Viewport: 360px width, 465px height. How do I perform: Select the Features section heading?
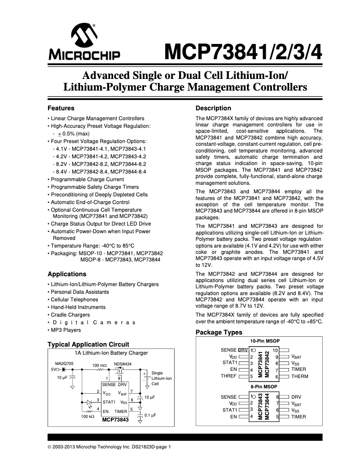tap(61, 108)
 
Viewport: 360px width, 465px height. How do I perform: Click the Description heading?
tap(214, 108)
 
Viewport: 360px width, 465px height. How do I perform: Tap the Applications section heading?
tap(67, 274)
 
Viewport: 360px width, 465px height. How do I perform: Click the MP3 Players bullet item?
tap(66, 330)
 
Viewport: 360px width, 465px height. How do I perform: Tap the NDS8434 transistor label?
tap(123, 364)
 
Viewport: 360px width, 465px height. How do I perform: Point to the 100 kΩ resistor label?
tap(88, 417)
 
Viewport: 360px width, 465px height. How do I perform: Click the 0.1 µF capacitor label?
tap(149, 415)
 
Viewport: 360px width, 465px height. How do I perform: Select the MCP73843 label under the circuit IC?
tap(115, 420)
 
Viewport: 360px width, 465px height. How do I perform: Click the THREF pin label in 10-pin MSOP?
tap(228, 376)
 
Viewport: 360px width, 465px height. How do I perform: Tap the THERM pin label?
tap(300, 377)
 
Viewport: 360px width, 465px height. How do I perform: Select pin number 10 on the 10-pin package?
tap(276, 350)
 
